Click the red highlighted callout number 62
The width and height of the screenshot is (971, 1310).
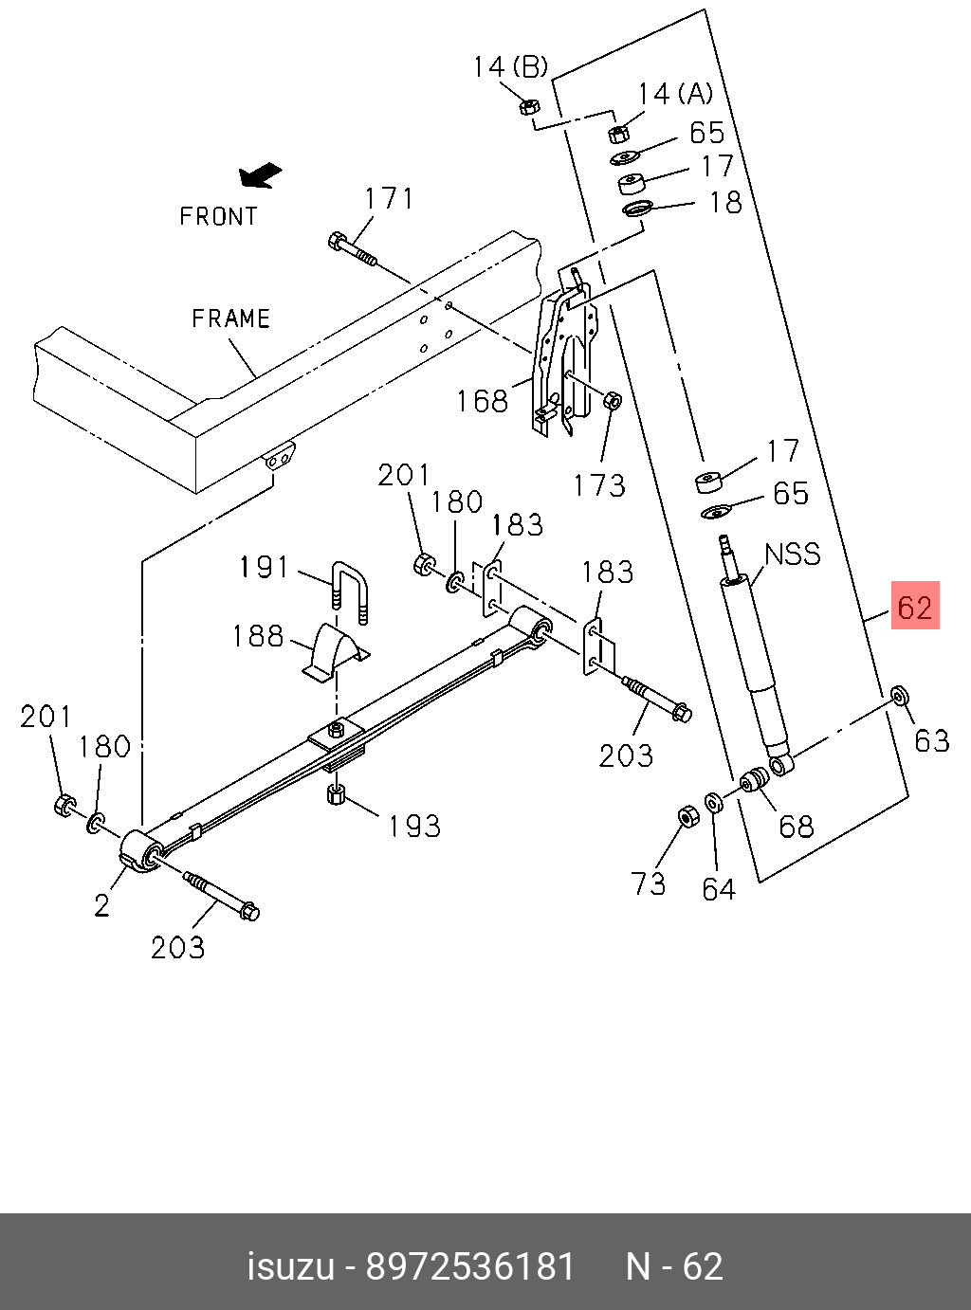[914, 607]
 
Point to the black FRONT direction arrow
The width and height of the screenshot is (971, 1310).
[261, 175]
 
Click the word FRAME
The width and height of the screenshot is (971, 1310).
[231, 318]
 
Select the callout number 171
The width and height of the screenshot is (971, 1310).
[389, 198]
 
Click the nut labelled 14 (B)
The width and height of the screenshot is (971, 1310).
[530, 105]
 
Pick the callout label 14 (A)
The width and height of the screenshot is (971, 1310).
[675, 94]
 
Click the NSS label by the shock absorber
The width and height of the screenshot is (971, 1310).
[793, 555]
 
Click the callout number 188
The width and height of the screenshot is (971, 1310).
[258, 635]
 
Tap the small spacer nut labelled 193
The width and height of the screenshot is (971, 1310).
[335, 792]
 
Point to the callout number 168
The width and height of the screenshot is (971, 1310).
[482, 401]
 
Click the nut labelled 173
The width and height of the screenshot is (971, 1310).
[612, 400]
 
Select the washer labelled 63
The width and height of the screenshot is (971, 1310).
[899, 697]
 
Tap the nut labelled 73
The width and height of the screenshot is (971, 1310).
[688, 816]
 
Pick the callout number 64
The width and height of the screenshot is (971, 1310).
[719, 888]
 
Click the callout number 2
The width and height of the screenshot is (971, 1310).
[102, 905]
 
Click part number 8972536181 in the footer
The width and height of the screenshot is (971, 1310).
[470, 1266]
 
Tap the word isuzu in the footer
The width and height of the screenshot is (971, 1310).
[291, 1266]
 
